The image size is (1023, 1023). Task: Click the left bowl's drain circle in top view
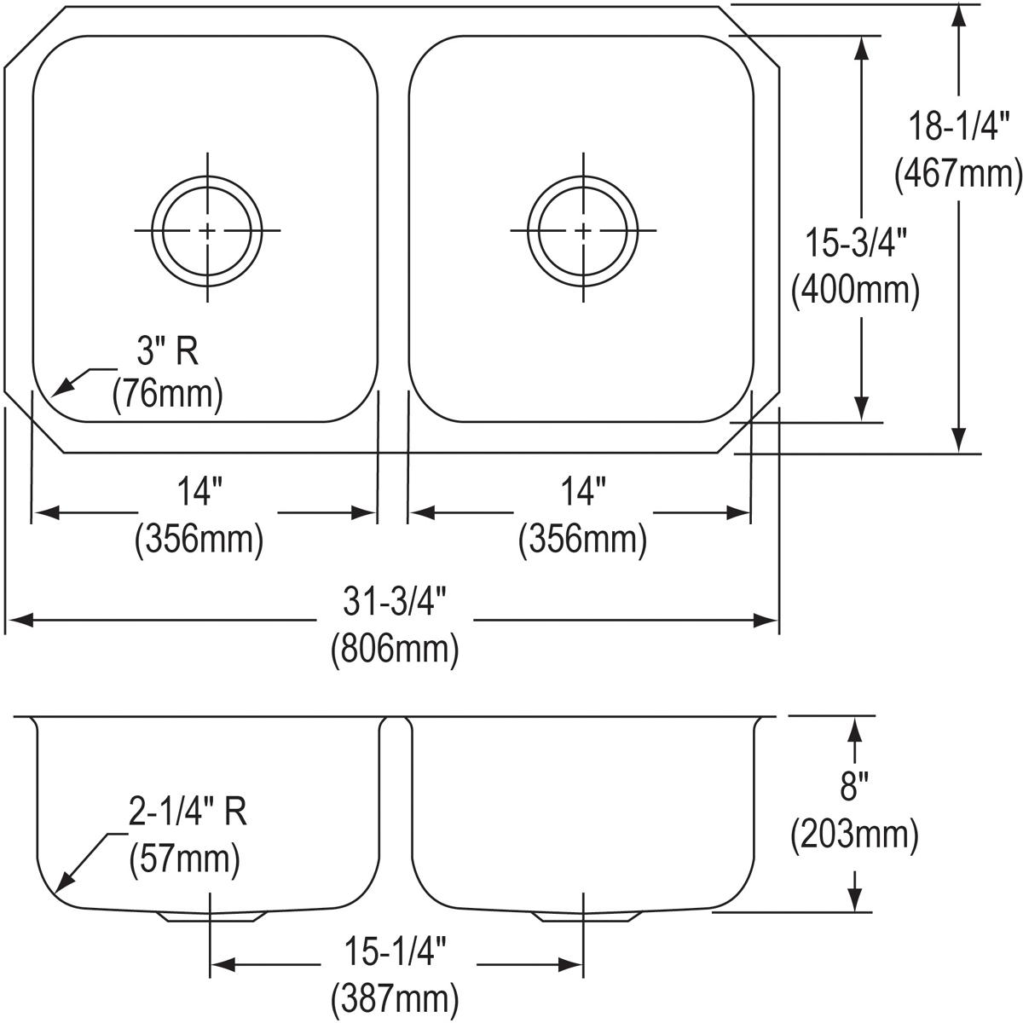207,230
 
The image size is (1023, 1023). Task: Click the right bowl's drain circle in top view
583,230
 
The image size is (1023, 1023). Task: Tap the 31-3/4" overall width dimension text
394,602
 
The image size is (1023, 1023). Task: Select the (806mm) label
395,648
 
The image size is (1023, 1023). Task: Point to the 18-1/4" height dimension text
959,126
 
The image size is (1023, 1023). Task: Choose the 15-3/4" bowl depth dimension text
856,242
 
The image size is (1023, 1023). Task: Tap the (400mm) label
855,290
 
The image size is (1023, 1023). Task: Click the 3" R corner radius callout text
168,351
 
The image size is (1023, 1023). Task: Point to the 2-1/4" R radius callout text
188,812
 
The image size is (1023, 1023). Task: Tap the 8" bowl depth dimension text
854,786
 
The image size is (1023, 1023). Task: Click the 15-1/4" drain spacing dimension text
396,951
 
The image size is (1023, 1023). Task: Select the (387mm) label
395,997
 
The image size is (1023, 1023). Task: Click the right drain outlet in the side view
587,916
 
